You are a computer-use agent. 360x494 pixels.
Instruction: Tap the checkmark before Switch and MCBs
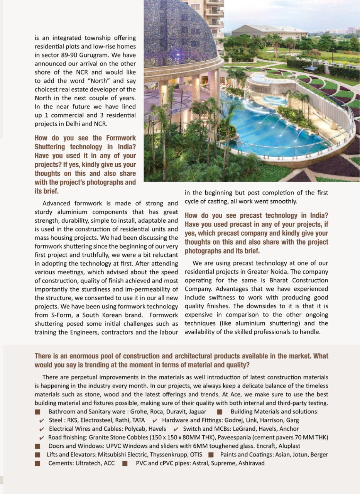pos(176,429)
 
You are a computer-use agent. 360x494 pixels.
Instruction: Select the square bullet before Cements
pos(37,463)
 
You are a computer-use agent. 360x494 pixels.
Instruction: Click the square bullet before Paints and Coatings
pos(211,455)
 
